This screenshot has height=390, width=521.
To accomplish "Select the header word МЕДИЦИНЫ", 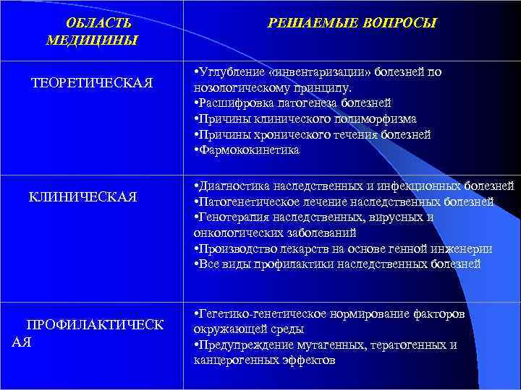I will pos(91,39).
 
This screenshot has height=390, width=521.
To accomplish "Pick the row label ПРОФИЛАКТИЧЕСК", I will pos(94,326).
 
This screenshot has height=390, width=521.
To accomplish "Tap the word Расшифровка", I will pos(232,103).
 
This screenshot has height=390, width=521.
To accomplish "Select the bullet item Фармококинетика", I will pos(249,150).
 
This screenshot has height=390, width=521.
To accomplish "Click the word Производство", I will pos(234,249).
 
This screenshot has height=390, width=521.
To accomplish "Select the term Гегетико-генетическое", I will pos(257,314).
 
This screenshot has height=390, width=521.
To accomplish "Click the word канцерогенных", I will pos(231,360).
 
